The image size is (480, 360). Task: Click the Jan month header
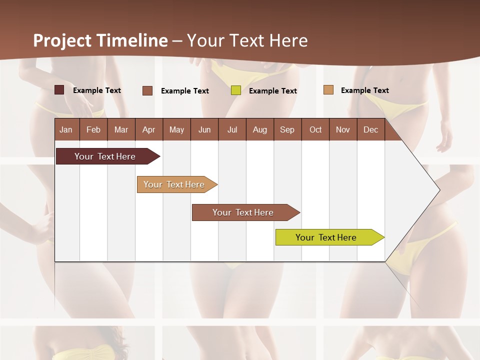point(66,129)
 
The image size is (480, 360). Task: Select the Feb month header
point(93,129)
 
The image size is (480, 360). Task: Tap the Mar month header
point(121,129)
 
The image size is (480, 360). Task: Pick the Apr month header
point(148,129)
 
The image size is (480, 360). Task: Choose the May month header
point(176,129)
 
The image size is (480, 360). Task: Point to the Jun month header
point(204,129)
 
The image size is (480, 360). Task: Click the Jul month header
point(232,129)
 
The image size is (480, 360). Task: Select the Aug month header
point(260,129)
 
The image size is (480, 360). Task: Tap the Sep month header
point(287,129)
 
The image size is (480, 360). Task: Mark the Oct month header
point(315,129)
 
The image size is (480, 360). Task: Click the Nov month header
point(343,129)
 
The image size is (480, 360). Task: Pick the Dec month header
point(371,129)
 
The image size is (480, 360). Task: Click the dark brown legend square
point(59,90)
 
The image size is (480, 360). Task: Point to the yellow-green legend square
point(236,90)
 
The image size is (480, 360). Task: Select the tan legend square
point(328,90)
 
